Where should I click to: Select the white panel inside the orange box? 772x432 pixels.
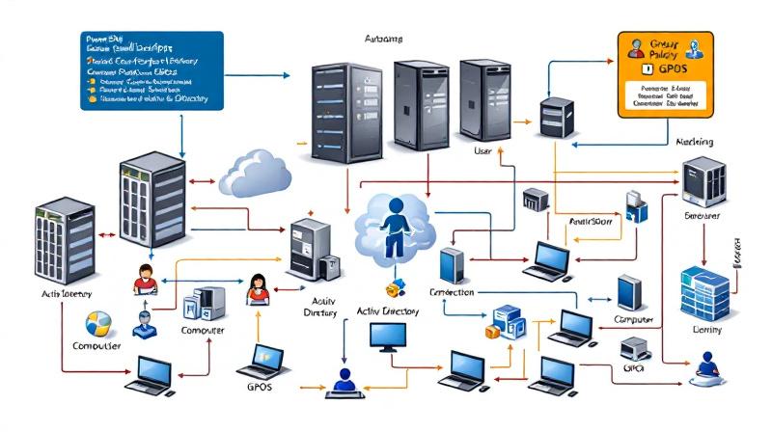coord(665,97)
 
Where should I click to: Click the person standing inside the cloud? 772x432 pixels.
coord(394,227)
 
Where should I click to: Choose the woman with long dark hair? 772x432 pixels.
coord(259,287)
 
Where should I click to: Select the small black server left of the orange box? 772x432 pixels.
coord(556,116)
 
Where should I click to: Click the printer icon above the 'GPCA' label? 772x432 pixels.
coord(632,349)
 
